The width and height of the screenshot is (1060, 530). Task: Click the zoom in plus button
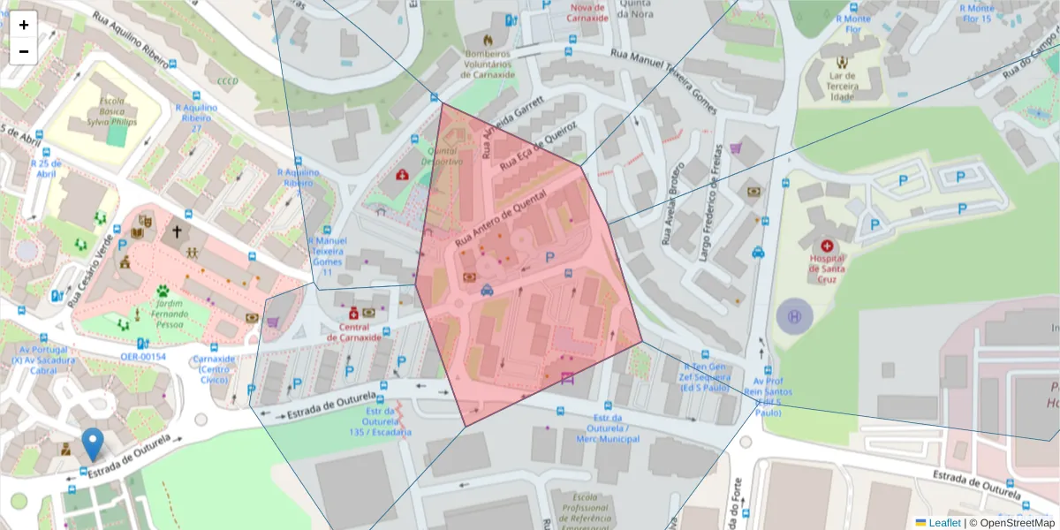(x=24, y=25)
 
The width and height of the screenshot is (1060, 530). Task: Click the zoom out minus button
(x=24, y=51)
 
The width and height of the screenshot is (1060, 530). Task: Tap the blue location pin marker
(x=92, y=443)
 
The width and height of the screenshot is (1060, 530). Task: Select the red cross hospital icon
(x=827, y=246)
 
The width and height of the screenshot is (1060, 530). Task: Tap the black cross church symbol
(x=177, y=231)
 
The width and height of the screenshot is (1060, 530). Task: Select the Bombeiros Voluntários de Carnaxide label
(x=487, y=64)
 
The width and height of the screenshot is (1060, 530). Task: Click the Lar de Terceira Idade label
(x=843, y=87)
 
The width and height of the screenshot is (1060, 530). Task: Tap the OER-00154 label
(x=143, y=357)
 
